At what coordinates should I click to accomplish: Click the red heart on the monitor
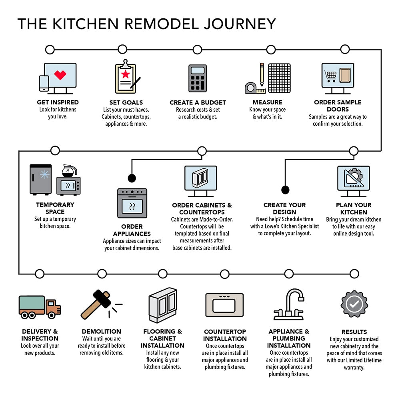click(60, 75)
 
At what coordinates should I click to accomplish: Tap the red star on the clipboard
click(126, 74)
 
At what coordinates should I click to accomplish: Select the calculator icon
click(198, 78)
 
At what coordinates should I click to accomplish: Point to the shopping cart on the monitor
click(331, 75)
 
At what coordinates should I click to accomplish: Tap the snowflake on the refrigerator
click(44, 174)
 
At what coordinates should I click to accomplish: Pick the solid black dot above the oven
click(132, 178)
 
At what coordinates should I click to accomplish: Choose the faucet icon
click(289, 305)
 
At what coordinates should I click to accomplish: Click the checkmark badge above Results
click(354, 304)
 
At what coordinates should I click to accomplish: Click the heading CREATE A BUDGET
click(198, 102)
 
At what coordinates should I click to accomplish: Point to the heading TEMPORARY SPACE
click(55, 208)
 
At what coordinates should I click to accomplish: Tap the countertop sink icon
click(224, 306)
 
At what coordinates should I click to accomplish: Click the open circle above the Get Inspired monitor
click(50, 50)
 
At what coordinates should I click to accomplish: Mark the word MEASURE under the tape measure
click(267, 102)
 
